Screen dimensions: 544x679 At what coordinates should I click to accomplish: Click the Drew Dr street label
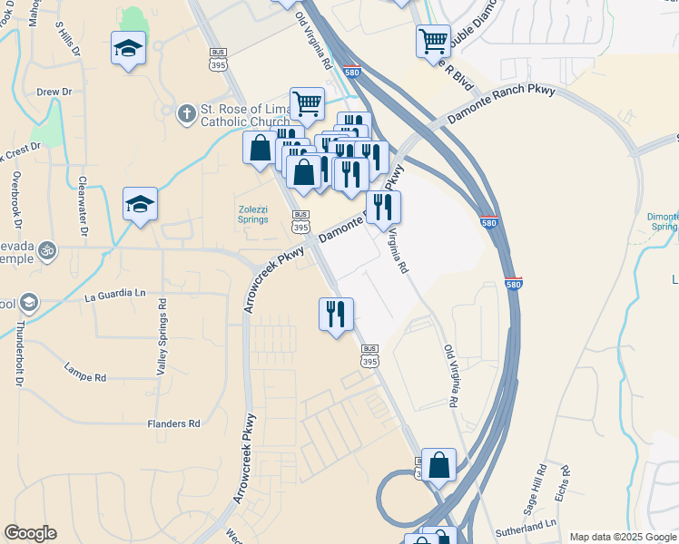[x=54, y=92]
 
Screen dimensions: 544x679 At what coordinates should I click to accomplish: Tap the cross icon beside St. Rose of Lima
[x=186, y=112]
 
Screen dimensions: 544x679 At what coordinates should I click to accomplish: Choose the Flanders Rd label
[x=173, y=423]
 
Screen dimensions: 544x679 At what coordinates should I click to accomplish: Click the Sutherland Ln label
[x=525, y=526]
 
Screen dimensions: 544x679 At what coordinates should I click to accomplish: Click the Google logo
[x=30, y=533]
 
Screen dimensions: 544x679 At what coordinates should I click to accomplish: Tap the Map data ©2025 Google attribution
[x=621, y=537]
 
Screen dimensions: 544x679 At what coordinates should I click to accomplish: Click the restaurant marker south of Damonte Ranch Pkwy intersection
[x=336, y=315]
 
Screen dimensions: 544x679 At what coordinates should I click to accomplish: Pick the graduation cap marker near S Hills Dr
[x=128, y=47]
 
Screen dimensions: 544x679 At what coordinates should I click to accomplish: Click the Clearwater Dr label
[x=83, y=207]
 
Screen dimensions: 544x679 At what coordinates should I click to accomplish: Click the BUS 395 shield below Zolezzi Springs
[x=300, y=220]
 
